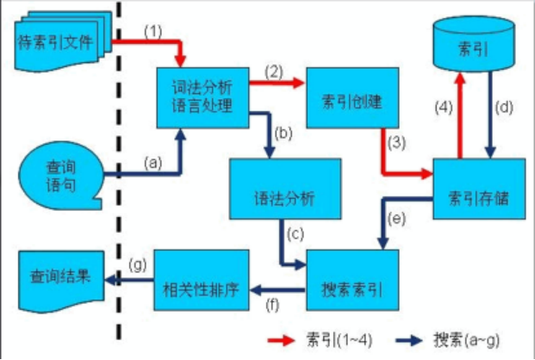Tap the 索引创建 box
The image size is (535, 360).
[350, 101]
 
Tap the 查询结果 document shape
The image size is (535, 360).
[55, 280]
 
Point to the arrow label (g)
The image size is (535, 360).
[135, 264]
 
